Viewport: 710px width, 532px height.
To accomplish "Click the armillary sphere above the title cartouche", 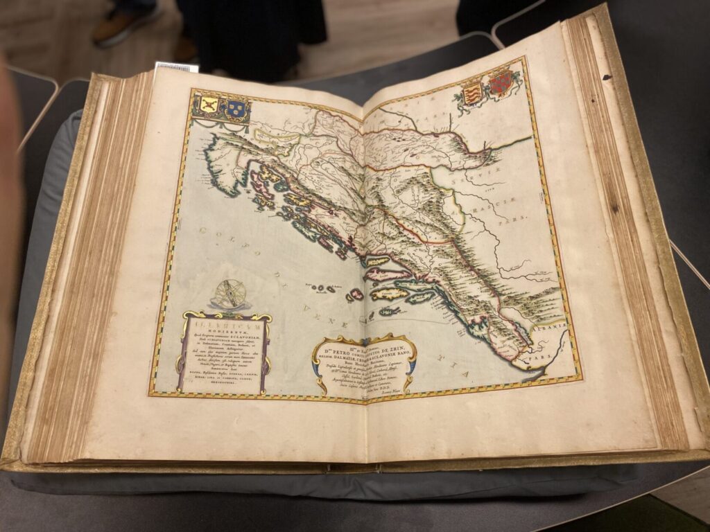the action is click(x=232, y=294).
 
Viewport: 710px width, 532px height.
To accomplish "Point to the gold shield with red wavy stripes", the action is click(x=473, y=94).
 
